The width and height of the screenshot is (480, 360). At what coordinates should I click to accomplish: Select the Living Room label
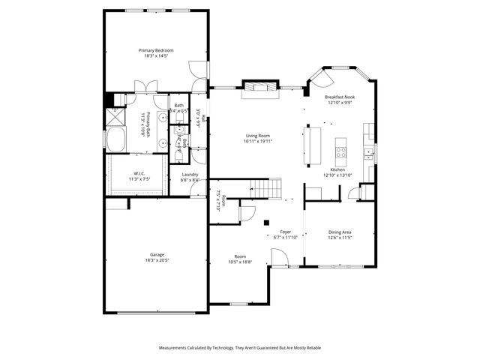(x=258, y=136)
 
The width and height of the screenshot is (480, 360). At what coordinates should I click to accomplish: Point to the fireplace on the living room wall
(x=259, y=89)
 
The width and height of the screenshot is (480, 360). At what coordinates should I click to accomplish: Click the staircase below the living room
(x=265, y=187)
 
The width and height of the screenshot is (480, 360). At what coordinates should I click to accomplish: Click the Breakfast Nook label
(x=339, y=97)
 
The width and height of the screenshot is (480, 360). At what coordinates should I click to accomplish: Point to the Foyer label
(x=286, y=232)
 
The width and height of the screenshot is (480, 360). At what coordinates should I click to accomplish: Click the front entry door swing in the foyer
(x=279, y=258)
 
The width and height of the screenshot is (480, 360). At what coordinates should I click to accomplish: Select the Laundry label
(x=190, y=175)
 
